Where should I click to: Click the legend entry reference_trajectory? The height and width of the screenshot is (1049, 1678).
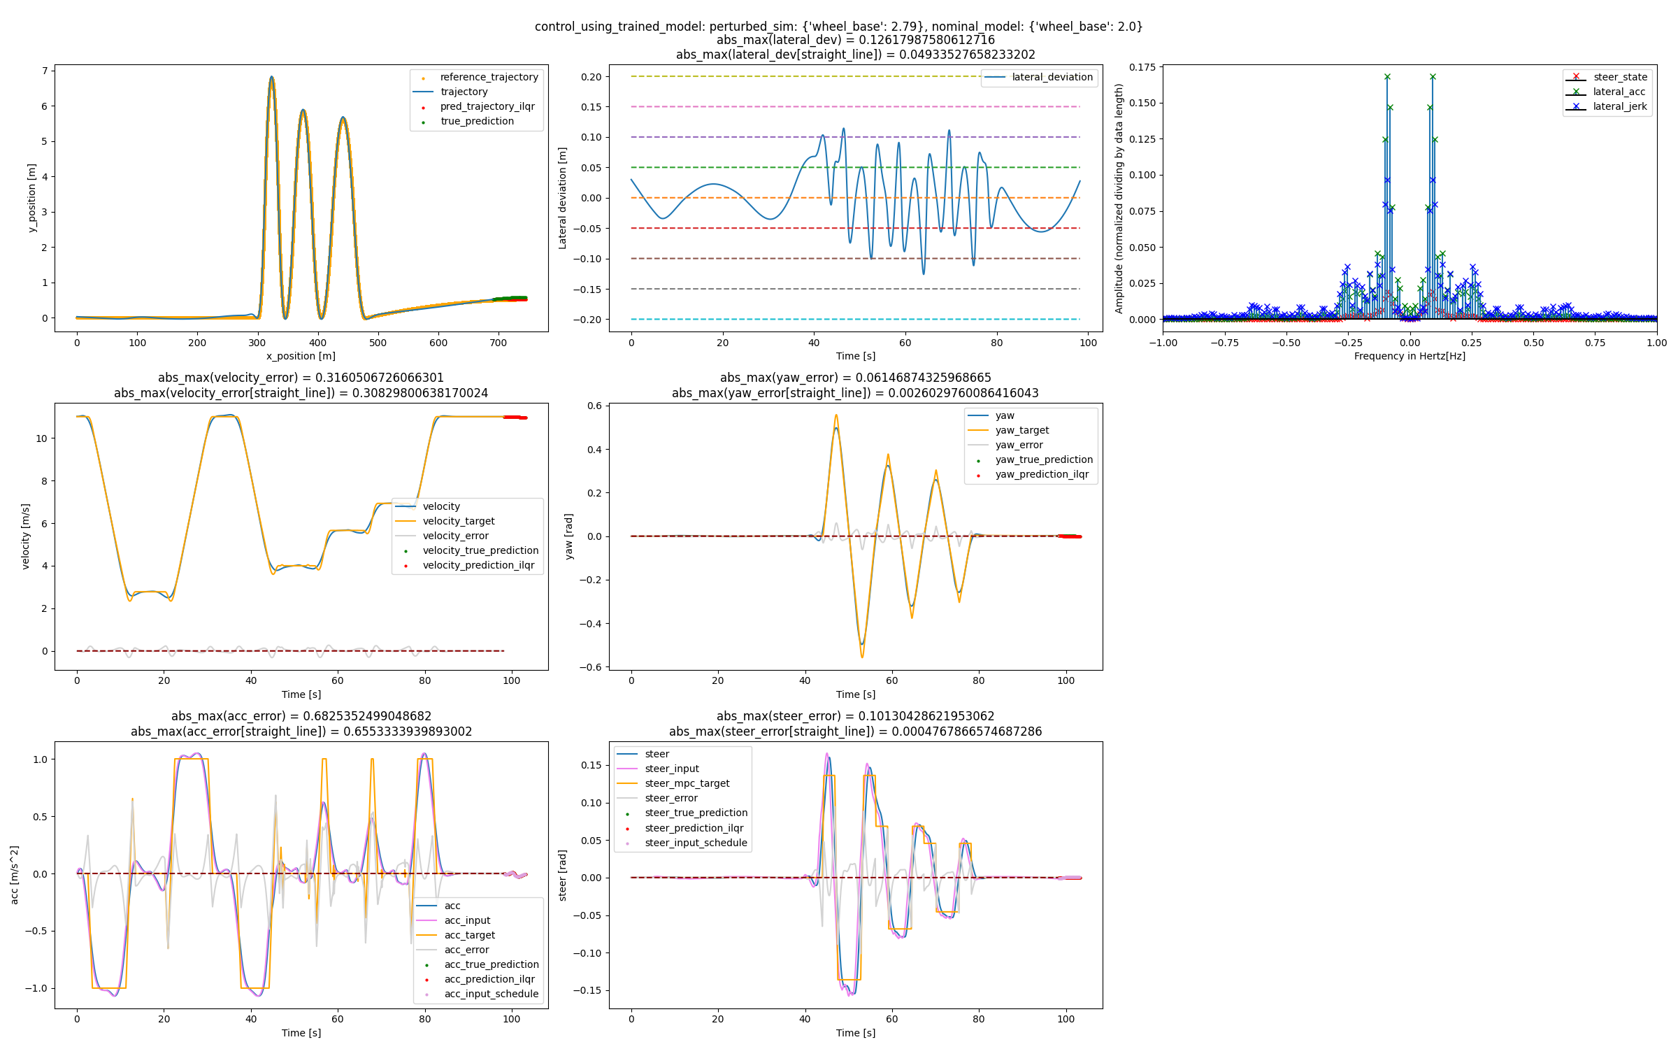coord(489,77)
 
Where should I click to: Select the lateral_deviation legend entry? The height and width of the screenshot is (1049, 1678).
coord(1052,77)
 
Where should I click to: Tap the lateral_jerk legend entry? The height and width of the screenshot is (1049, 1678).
coord(1619,106)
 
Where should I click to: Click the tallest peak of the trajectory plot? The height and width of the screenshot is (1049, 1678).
coord(271,77)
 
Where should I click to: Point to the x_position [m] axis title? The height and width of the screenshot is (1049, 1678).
coord(301,356)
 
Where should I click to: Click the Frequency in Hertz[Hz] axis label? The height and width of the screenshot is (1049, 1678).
coord(1410,356)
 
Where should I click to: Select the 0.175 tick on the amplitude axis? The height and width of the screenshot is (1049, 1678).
coord(1142,67)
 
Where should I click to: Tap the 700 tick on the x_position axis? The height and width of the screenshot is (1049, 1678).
coord(498,343)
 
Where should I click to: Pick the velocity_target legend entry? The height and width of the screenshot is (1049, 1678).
coord(458,521)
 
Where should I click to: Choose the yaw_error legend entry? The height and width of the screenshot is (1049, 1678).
coord(1019,445)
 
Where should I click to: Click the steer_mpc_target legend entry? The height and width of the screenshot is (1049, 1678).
coord(687,783)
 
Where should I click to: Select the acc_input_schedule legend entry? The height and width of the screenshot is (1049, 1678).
coord(491,994)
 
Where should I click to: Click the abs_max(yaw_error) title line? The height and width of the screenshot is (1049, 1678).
coord(855,378)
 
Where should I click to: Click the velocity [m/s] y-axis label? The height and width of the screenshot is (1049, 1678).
coord(26,536)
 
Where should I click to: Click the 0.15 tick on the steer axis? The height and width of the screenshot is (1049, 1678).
coord(591,765)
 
